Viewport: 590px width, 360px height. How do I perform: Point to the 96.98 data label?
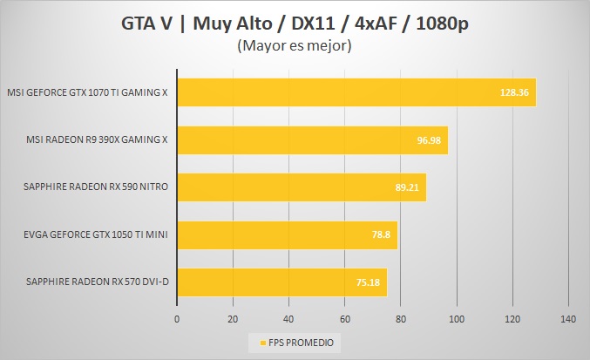click(429, 139)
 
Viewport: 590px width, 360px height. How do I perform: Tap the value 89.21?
click(407, 187)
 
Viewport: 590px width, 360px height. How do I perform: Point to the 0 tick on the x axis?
click(177, 320)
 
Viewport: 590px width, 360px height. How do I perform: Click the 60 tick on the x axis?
click(345, 320)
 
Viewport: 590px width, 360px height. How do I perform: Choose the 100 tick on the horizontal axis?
click(457, 320)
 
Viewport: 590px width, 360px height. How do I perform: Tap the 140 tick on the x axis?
click(568, 320)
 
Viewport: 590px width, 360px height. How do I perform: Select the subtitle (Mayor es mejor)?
click(294, 46)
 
